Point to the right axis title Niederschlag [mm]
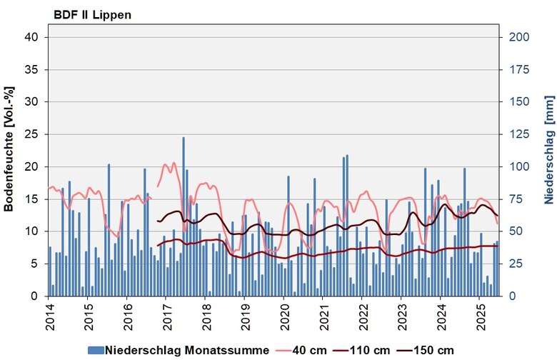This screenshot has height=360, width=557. (x=548, y=159)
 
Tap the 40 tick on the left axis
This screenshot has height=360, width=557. (x=33, y=36)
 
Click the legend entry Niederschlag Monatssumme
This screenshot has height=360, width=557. (x=187, y=350)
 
